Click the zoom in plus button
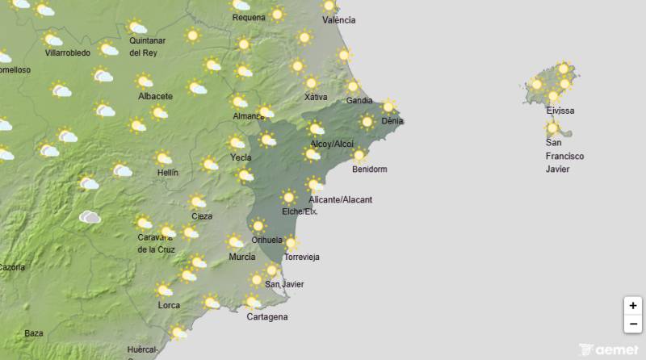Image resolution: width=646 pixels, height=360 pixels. click(x=633, y=306)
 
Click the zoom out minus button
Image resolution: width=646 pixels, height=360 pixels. click(x=633, y=324)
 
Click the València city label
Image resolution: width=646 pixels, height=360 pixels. click(x=339, y=20)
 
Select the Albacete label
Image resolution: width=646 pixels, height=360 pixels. click(x=156, y=96)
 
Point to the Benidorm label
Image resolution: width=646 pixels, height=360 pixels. click(x=370, y=170)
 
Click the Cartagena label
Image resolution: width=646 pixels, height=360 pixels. click(x=266, y=317)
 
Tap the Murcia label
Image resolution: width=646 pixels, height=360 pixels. click(x=242, y=257)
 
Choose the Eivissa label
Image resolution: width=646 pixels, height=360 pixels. click(x=560, y=111)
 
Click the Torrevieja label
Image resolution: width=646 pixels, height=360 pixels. click(x=302, y=257)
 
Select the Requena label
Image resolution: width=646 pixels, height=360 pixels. click(x=249, y=17)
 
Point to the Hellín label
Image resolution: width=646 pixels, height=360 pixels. click(x=168, y=173)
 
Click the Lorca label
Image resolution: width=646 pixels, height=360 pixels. click(x=169, y=305)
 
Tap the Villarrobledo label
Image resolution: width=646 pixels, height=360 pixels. click(x=68, y=53)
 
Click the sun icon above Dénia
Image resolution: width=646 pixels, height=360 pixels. click(x=388, y=107)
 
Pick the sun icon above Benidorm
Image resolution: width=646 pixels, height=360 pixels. click(x=359, y=155)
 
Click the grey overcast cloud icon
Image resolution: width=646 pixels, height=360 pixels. click(x=90, y=217)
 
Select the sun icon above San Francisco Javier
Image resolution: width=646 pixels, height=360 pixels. click(x=552, y=128)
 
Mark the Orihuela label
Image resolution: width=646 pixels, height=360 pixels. click(x=267, y=240)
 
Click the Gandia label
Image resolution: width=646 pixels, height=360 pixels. click(x=359, y=101)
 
